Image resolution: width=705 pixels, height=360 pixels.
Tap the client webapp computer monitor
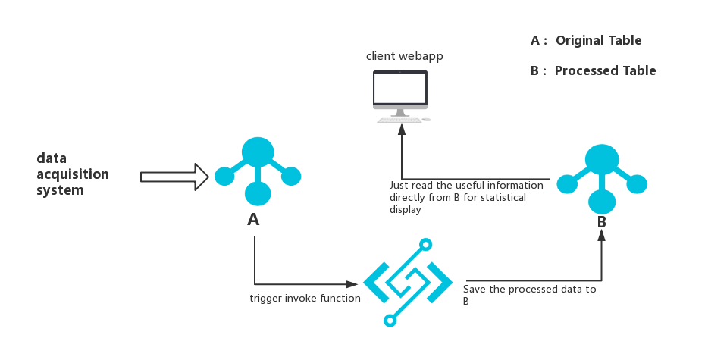pos(399,89)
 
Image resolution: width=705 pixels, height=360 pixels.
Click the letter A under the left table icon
pos(253,220)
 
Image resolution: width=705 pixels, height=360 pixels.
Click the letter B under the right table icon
pos(601,223)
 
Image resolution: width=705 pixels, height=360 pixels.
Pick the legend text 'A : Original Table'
pos(586,41)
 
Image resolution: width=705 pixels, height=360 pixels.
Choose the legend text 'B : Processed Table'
pos(594,70)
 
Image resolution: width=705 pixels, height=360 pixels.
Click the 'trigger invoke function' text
pos(305,299)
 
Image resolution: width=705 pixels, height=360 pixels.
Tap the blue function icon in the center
pos(408,282)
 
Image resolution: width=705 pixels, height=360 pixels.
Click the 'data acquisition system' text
pos(72,174)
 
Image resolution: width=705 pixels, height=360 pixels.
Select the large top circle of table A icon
pos(258,151)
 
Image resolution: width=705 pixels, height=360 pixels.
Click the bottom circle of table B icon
pos(602,201)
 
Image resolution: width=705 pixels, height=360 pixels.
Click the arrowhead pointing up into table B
pos(602,234)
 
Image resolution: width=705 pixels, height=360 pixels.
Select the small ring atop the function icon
pos(427,245)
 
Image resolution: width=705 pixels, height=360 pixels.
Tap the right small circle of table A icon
pos(291,176)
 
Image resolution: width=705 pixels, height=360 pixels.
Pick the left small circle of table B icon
pos(567,183)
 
